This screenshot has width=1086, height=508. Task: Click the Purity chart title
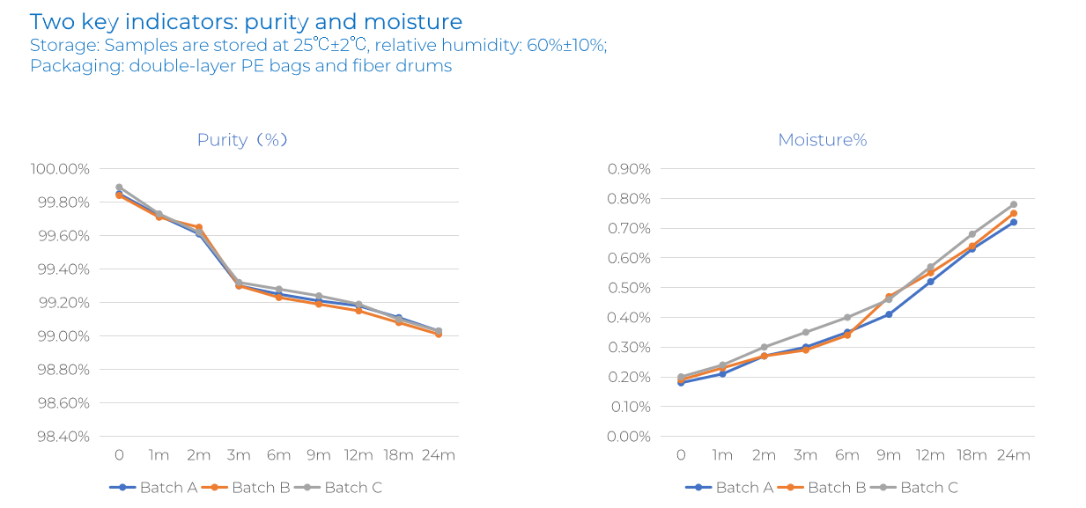(x=242, y=140)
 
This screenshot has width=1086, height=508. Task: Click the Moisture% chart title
(x=822, y=140)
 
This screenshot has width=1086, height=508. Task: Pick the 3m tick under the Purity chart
(x=239, y=455)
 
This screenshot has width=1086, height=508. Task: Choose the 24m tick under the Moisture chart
(x=1013, y=455)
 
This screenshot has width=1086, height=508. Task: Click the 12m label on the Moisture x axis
(x=930, y=455)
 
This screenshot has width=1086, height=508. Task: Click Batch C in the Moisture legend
(x=928, y=487)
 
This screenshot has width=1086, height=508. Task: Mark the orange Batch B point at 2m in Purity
(x=199, y=227)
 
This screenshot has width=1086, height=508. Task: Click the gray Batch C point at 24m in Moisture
(x=1013, y=204)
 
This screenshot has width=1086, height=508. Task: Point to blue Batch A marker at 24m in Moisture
(x=1013, y=222)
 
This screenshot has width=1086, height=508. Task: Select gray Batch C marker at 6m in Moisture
(x=847, y=317)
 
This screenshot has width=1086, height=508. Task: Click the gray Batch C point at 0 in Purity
(x=119, y=188)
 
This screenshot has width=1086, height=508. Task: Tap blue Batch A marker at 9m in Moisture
(x=889, y=314)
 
